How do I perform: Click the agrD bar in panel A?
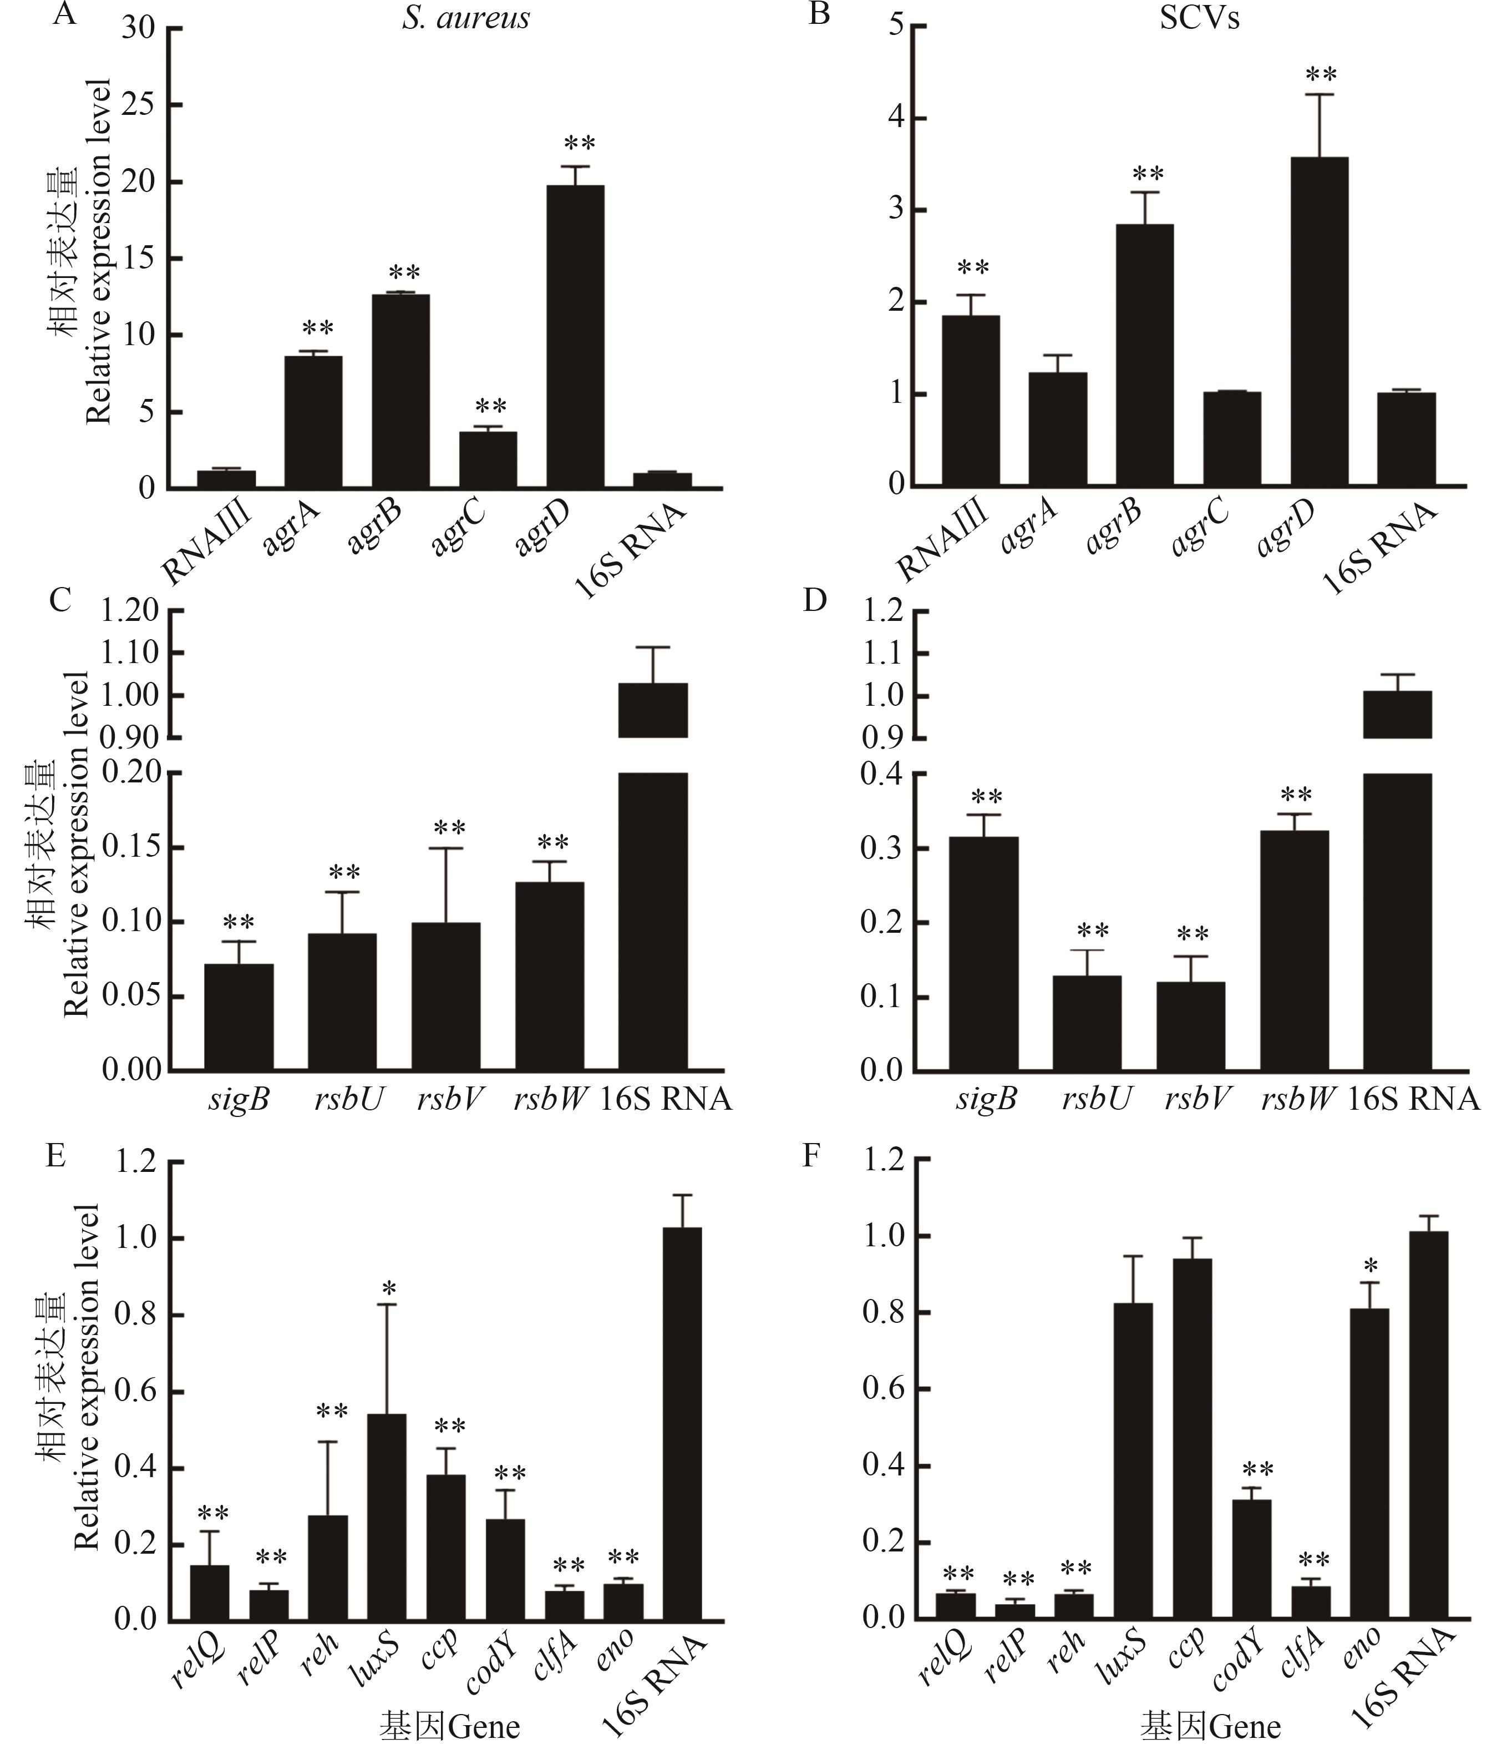coord(575,337)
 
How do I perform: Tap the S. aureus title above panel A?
coord(465,18)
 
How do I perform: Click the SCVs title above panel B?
coord(1199,18)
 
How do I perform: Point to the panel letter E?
coord(55,1156)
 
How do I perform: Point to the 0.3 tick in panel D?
coord(882,848)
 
